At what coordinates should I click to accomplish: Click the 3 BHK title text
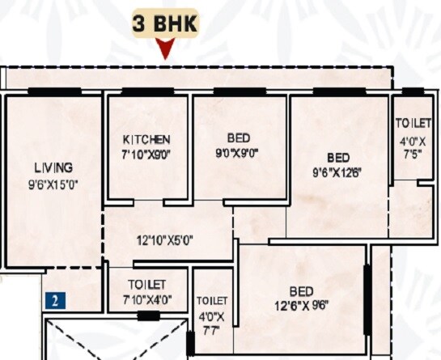point(166,23)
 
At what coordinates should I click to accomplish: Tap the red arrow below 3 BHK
point(166,51)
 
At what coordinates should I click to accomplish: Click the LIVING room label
point(53,167)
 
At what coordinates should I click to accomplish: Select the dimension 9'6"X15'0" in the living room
point(53,184)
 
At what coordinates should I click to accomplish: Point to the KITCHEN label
point(146,138)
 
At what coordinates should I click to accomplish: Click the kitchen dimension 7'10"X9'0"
point(146,153)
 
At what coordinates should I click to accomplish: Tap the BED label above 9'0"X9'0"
point(240,136)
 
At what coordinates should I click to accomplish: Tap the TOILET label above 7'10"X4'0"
point(147,285)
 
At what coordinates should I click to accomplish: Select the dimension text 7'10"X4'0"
point(147,299)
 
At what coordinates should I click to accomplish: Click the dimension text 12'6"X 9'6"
point(301,305)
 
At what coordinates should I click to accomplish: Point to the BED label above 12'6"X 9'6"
point(302,290)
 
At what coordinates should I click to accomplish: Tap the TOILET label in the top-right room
point(413,124)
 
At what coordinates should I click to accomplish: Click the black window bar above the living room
point(53,91)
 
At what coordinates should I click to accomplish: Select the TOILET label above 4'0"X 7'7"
point(212,299)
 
